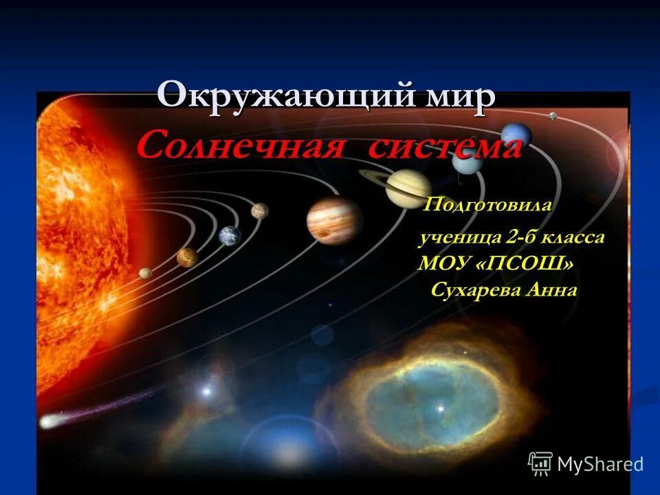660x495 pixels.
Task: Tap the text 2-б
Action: click(x=521, y=238)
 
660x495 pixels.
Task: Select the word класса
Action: click(x=573, y=238)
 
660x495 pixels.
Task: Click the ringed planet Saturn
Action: click(x=407, y=188)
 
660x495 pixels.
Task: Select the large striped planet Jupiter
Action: click(x=334, y=220)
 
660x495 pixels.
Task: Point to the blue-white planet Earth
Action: click(x=230, y=236)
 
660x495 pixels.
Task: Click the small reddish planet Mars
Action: click(x=259, y=210)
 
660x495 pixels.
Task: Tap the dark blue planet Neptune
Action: click(x=516, y=135)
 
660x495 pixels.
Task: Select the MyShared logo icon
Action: click(x=540, y=463)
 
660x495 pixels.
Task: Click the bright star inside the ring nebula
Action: click(x=440, y=408)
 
